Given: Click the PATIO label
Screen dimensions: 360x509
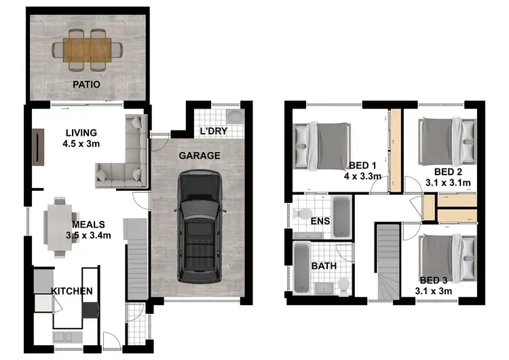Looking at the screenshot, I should point(86,85).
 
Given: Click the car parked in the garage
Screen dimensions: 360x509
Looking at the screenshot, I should point(199,227).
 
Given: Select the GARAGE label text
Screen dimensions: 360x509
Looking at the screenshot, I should point(199,156).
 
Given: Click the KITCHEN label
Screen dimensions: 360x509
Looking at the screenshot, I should point(72,291).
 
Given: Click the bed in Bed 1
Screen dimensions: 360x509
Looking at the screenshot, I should point(324,145).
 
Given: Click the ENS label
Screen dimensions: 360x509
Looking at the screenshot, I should point(320,221).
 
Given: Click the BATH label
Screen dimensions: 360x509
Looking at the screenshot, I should point(324,266).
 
